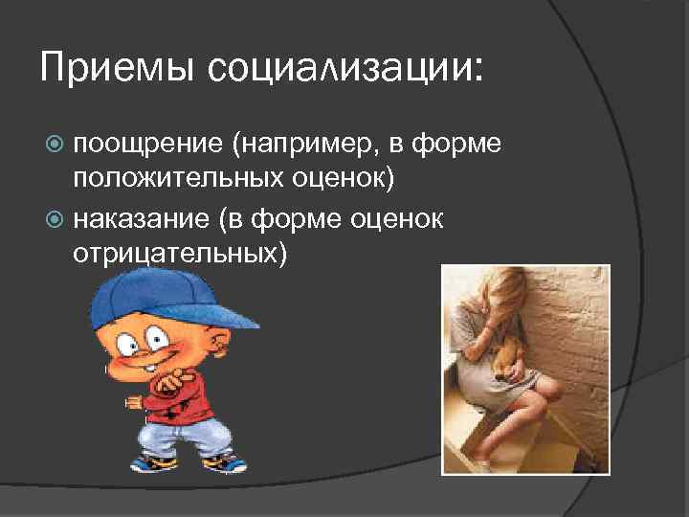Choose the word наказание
coord(140,218)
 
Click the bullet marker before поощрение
coord(56,145)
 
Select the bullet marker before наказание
coord(56,219)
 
